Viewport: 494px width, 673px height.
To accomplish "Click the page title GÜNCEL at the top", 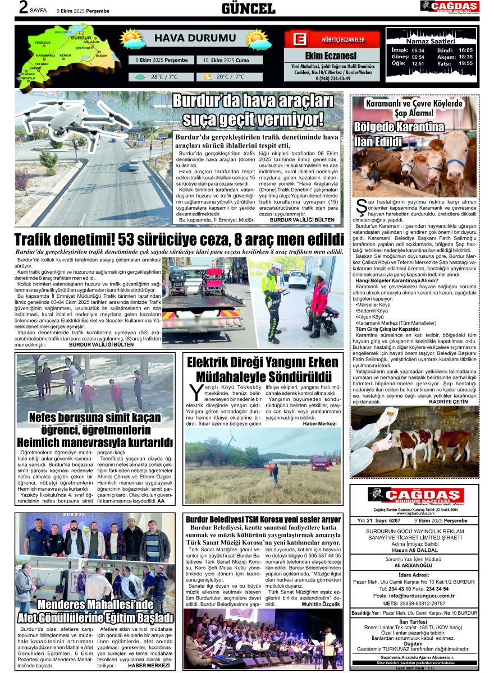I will [248, 8].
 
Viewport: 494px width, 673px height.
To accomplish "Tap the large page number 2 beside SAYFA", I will [23, 8].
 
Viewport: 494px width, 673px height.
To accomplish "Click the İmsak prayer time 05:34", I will [418, 50].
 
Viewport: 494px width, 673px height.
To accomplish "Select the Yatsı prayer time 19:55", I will [465, 63].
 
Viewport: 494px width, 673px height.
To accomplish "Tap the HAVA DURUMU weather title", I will [187, 38].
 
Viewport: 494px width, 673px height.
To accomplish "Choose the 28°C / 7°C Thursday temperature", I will [164, 77].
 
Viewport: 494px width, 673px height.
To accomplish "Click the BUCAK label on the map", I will [102, 56].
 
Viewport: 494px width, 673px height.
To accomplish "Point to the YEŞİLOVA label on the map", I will [43, 43].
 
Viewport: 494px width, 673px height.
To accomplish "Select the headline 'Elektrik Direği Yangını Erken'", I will [263, 362].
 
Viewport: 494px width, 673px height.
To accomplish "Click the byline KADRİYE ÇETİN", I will [448, 402].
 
